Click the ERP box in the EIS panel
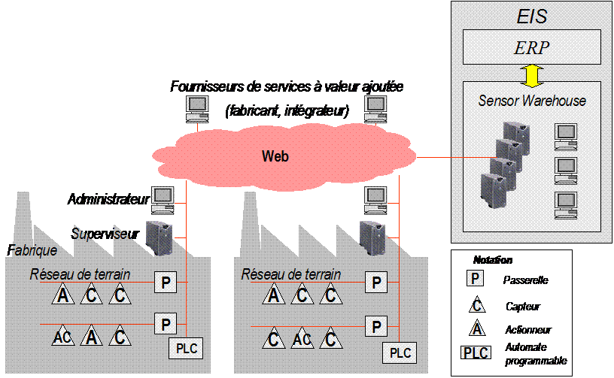(x=531, y=47)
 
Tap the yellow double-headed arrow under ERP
(x=532, y=76)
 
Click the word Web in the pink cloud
(x=275, y=156)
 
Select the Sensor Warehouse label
(x=532, y=101)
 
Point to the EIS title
(x=532, y=17)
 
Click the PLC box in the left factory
(x=186, y=348)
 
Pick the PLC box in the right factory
(x=400, y=352)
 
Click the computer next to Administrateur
(x=163, y=201)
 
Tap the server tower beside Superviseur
(x=160, y=238)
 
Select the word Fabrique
(x=32, y=250)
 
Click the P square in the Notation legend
(x=475, y=278)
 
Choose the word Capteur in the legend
(x=523, y=307)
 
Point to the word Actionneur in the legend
(x=528, y=330)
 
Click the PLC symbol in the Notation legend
(x=476, y=352)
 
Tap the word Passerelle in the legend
(x=525, y=280)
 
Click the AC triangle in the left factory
(x=62, y=336)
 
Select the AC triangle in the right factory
(x=302, y=338)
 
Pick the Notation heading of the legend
(x=493, y=260)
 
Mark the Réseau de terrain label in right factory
(x=291, y=274)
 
